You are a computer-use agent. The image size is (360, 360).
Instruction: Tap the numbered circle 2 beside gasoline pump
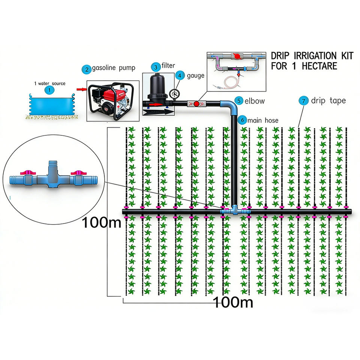pyautogui.click(x=87, y=69)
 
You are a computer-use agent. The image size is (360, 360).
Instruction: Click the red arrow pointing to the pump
pyautogui.click(x=81, y=89)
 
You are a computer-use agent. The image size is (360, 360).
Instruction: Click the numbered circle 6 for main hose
pyautogui.click(x=242, y=120)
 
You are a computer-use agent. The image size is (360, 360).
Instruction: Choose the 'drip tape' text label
pyautogui.click(x=328, y=100)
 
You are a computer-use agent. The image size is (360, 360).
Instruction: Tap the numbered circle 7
pyautogui.click(x=304, y=100)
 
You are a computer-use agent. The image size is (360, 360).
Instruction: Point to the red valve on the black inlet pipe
pyautogui.click(x=196, y=103)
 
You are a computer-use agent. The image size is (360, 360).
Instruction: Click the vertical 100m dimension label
pyautogui.click(x=102, y=222)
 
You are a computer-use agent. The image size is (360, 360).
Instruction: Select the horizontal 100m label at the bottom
pyautogui.click(x=233, y=302)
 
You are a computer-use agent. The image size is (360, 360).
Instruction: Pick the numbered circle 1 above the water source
pyautogui.click(x=48, y=90)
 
